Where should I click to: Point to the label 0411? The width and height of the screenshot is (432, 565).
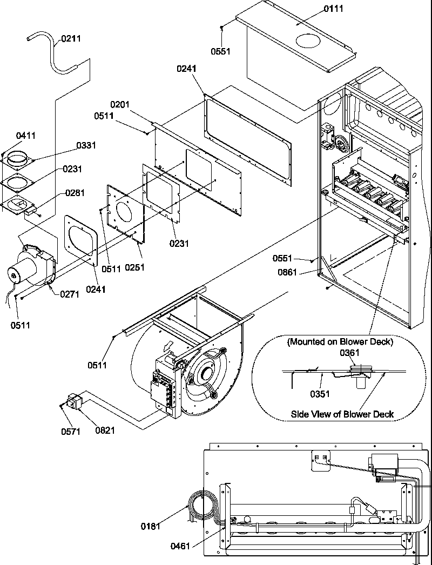pyautogui.click(x=25, y=136)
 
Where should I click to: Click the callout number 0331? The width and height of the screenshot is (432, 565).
pyautogui.click(x=86, y=145)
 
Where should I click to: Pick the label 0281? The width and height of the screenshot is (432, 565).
pyautogui.click(x=75, y=193)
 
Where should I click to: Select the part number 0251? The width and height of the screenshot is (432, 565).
pyautogui.click(x=135, y=267)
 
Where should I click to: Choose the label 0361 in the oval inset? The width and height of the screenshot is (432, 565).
pyautogui.click(x=349, y=353)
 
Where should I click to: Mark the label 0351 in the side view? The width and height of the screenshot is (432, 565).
pyautogui.click(x=320, y=394)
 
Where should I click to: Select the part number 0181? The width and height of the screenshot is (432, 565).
pyautogui.click(x=151, y=526)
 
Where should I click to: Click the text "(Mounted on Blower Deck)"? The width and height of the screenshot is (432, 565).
pyautogui.click(x=340, y=341)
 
